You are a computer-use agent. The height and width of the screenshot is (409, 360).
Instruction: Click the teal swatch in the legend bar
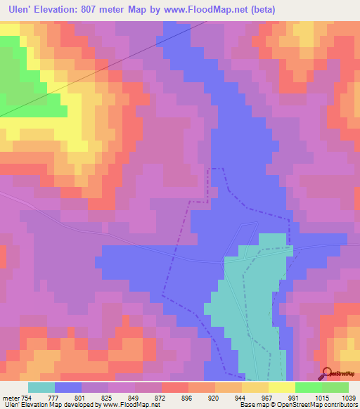pyautogui.click(x=41, y=387)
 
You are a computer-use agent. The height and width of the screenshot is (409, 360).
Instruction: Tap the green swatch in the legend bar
pyautogui.click(x=309, y=387)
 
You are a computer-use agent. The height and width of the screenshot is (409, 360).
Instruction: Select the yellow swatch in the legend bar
pyautogui.click(x=282, y=387)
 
